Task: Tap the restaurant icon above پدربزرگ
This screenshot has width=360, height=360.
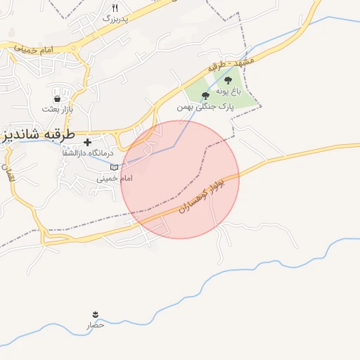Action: click(115, 8)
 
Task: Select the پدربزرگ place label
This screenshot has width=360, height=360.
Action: click(115, 19)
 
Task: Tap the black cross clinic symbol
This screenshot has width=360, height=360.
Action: click(87, 143)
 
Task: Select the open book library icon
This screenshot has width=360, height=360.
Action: click(115, 167)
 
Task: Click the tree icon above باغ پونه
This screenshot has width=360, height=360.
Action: click(228, 81)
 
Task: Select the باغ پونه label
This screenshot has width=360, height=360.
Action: click(228, 91)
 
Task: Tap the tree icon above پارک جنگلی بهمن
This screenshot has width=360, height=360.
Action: click(205, 96)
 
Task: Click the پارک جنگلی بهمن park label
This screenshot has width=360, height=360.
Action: click(205, 106)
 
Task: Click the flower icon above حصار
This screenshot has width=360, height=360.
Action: click(95, 314)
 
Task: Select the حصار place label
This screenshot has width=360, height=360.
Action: click(95, 325)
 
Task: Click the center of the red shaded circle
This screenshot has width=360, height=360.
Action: click(180, 179)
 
